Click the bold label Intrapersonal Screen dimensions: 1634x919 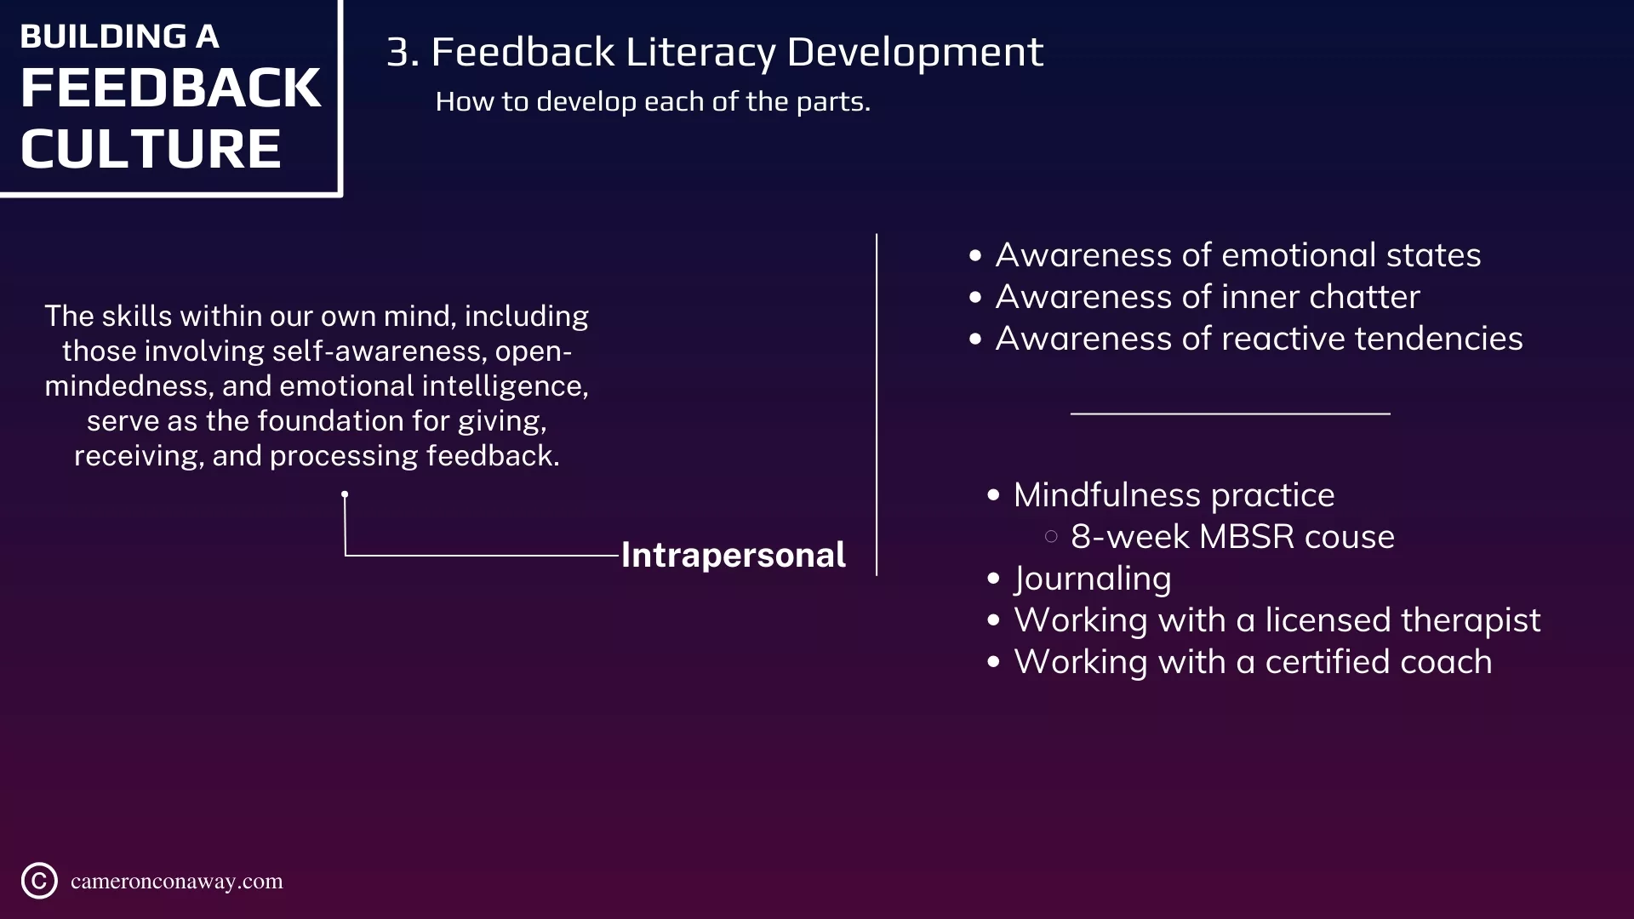(x=733, y=556)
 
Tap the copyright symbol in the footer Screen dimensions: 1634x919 (x=39, y=881)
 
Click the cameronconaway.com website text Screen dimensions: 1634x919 (x=177, y=882)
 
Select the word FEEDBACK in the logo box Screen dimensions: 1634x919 (x=170, y=88)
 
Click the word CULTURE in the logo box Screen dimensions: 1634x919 (x=151, y=149)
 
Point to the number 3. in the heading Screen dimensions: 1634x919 (x=403, y=52)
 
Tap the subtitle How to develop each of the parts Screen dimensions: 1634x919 (x=653, y=101)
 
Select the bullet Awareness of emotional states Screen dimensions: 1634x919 (x=1238, y=255)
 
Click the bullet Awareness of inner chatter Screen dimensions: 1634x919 (x=1208, y=297)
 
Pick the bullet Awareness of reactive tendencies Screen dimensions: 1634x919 (x=1260, y=339)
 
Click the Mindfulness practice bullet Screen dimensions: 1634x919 (x=1174, y=495)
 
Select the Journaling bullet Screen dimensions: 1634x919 (x=1093, y=579)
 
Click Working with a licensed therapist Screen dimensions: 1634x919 (x=1277, y=620)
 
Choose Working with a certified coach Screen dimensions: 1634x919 (x=1253, y=662)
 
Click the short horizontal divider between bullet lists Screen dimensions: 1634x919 (x=1231, y=414)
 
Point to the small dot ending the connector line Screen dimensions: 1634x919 (x=345, y=494)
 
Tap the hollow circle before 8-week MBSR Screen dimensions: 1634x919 (x=1051, y=537)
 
